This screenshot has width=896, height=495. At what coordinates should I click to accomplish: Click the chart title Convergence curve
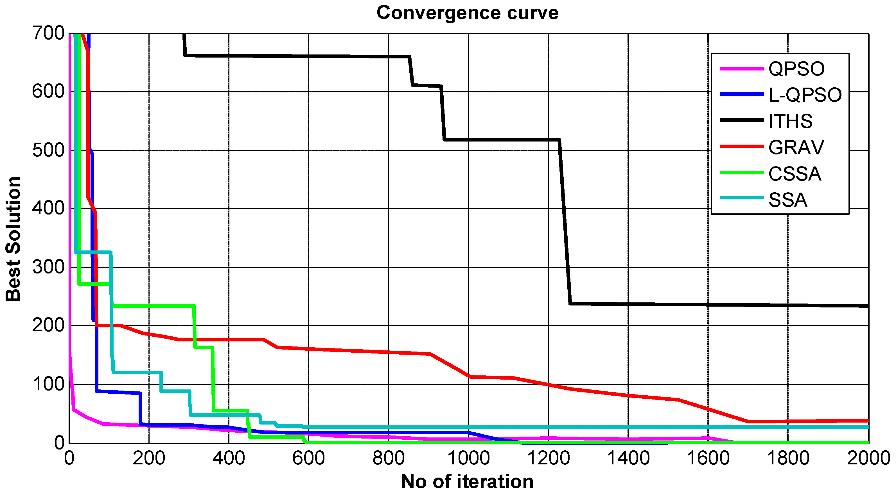[467, 13]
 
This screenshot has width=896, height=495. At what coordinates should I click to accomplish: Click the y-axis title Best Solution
[13, 239]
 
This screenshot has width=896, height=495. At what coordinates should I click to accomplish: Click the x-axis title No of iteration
[467, 482]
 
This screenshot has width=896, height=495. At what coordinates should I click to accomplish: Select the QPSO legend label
[796, 69]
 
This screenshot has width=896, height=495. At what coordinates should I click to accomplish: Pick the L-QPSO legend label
[805, 95]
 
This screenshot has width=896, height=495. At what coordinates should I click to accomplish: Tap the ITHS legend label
[790, 121]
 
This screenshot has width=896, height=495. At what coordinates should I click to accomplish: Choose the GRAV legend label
[796, 147]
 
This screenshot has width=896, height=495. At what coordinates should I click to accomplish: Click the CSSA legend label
[795, 174]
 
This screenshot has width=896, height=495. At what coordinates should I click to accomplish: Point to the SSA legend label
[787, 200]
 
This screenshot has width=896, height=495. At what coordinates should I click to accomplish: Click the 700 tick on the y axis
[48, 33]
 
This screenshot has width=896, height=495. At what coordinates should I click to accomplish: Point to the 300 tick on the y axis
[48, 267]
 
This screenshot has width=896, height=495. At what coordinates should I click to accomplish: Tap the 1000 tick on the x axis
[468, 458]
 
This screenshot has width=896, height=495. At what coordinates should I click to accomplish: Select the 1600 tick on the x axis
[708, 458]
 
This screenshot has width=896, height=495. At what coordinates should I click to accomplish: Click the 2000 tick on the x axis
[868, 458]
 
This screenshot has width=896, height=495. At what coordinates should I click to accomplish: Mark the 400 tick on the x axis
[229, 458]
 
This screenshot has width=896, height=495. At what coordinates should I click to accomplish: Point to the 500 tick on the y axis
[48, 150]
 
